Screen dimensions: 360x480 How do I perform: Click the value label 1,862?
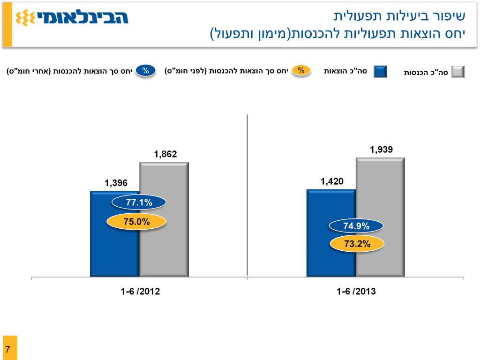(165, 154)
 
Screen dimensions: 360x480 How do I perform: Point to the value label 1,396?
(116, 183)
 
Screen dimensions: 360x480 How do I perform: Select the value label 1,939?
(381, 150)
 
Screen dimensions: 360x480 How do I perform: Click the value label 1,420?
(332, 181)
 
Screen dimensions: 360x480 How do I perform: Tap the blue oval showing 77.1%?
(139, 202)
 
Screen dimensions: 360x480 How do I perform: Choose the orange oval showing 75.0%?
(136, 222)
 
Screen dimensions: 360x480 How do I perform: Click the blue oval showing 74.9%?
(356, 226)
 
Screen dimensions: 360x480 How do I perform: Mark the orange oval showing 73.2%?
(357, 244)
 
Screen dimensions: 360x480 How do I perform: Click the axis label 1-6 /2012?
(140, 291)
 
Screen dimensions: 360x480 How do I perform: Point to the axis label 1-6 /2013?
(356, 291)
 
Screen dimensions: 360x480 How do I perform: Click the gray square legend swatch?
(457, 72)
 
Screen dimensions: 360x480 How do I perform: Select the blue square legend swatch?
(380, 72)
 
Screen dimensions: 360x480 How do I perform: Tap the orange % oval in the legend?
(301, 71)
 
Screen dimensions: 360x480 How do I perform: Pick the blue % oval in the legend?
(146, 71)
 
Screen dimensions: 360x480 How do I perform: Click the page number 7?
(8, 349)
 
